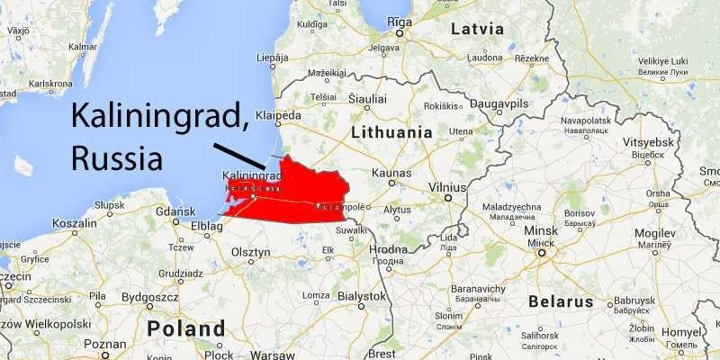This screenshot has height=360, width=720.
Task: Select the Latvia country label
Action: (x=477, y=29)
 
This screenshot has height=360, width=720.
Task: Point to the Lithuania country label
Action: (x=392, y=131)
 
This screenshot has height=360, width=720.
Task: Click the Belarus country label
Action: (x=561, y=301)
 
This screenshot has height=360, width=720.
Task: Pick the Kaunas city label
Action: (x=393, y=171)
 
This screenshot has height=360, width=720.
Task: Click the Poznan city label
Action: (x=104, y=344)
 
